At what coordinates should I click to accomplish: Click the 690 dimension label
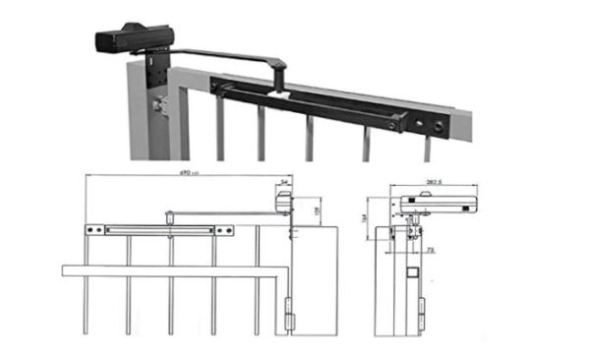[184, 173]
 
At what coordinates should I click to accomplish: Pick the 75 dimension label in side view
[431, 252]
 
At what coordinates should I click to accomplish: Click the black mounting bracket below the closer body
[154, 68]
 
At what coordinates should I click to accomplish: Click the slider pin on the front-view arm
[169, 211]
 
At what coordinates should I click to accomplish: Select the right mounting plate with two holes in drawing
[225, 230]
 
